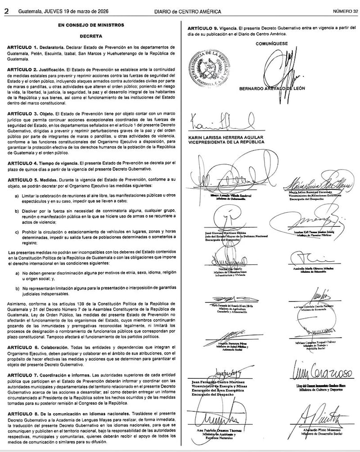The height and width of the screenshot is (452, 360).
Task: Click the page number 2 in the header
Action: pos(6,10)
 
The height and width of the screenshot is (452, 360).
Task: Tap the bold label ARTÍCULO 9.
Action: pos(203,28)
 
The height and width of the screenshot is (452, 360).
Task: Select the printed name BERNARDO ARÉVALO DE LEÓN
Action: pos(278,88)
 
